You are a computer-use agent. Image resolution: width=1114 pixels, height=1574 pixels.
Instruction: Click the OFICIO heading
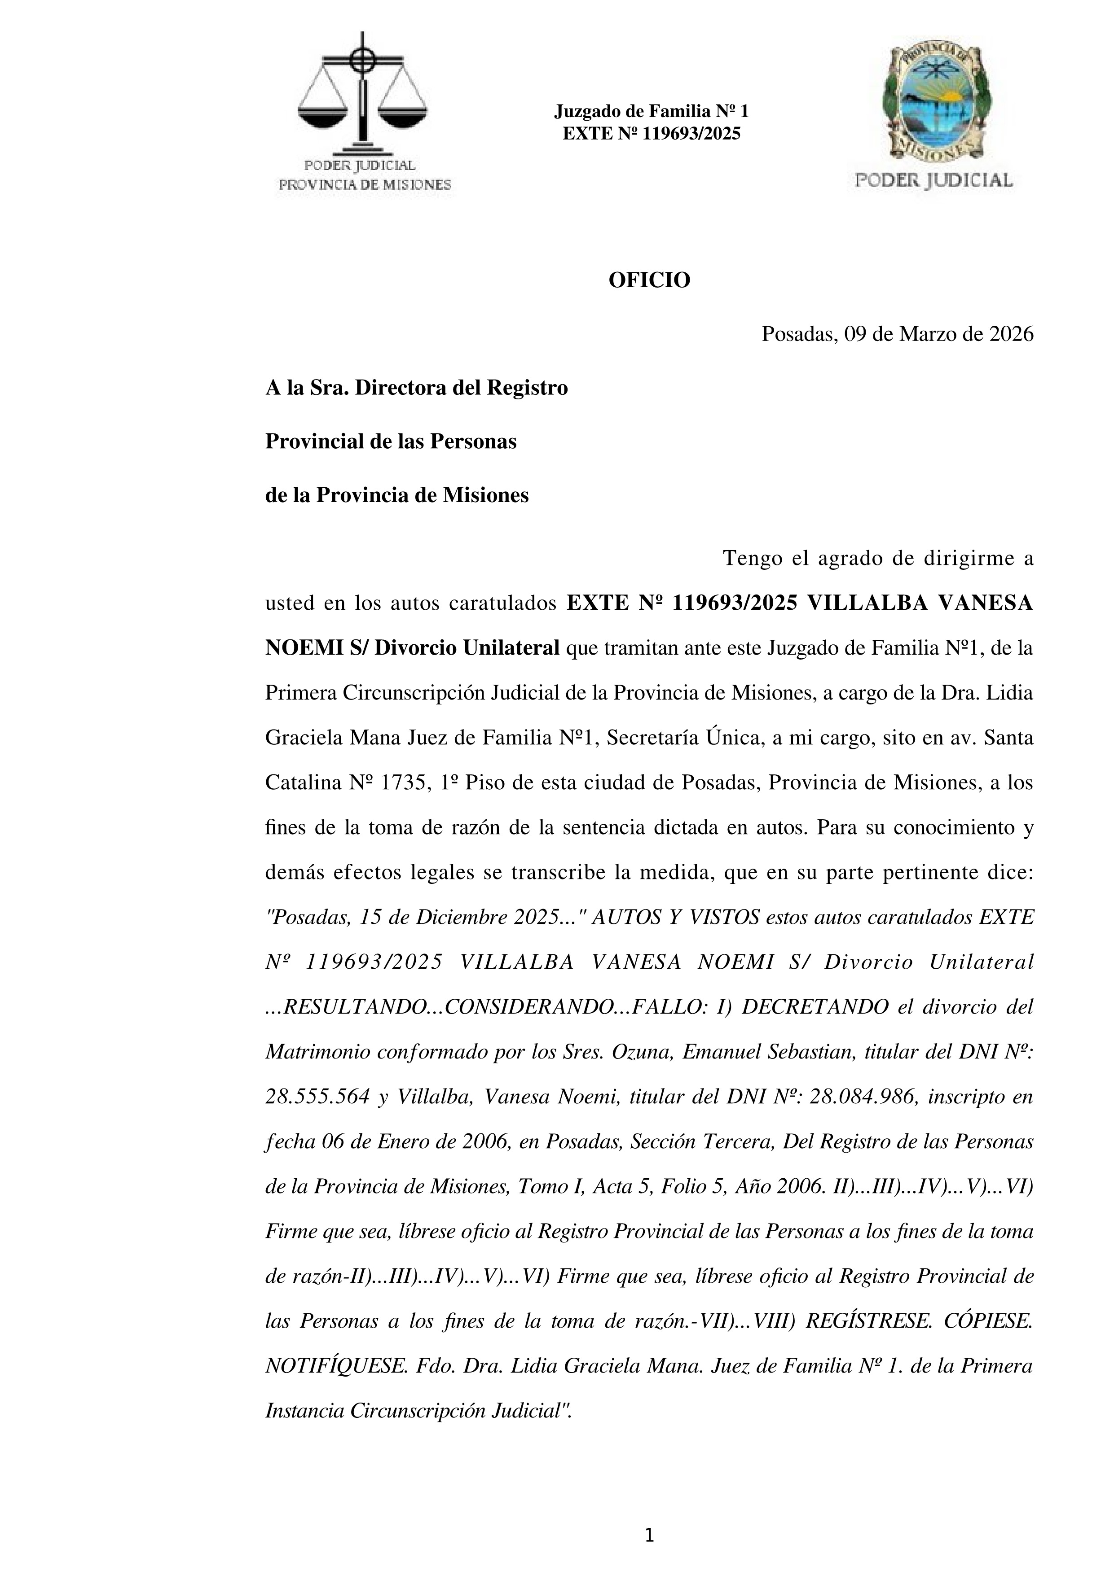(x=649, y=280)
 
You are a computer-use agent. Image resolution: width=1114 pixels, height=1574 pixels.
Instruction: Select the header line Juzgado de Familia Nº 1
(x=651, y=111)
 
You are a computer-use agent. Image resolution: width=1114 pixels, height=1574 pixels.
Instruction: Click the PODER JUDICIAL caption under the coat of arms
(x=933, y=181)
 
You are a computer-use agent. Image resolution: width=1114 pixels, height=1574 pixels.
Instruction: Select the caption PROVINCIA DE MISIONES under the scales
(x=365, y=185)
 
